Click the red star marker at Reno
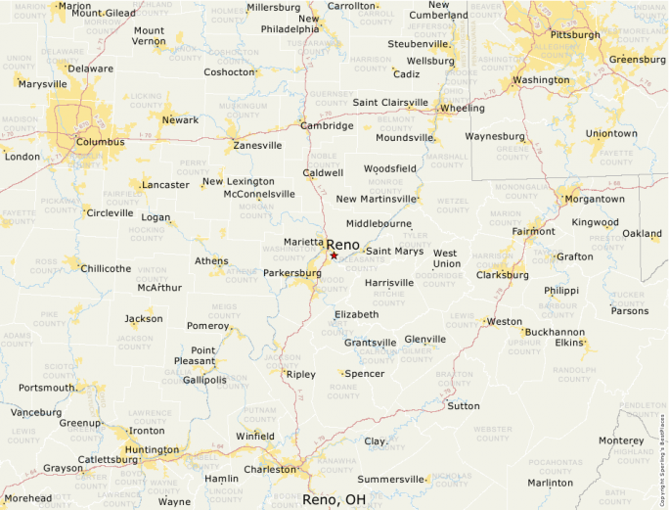pos(334,255)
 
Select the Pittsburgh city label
pos(575,34)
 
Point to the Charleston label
pos(269,469)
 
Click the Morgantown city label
pos(595,199)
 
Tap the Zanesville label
pos(257,145)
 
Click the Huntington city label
pos(152,450)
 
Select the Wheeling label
pos(463,108)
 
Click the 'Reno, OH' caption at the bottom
pos(334,499)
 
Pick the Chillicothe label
pos(106,268)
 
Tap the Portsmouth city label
pos(46,388)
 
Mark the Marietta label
pos(304,241)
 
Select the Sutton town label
pos(464,405)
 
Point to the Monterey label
pos(621,440)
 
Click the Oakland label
pos(642,234)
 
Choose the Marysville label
pos(42,84)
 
